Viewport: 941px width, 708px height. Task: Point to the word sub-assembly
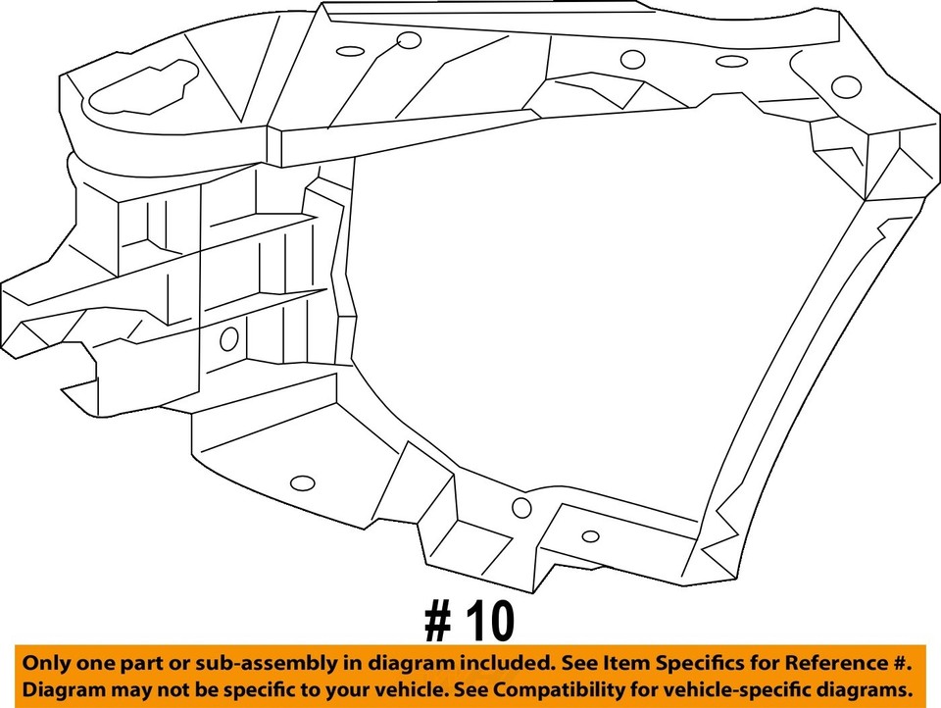[x=265, y=664]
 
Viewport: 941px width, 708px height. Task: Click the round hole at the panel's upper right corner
[x=846, y=86]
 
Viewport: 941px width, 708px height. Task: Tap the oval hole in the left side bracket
[x=229, y=339]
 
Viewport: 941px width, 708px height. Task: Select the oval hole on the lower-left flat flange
[x=304, y=482]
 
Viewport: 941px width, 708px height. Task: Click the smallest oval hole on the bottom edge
[x=590, y=535]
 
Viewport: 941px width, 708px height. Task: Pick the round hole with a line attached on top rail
[x=409, y=40]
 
